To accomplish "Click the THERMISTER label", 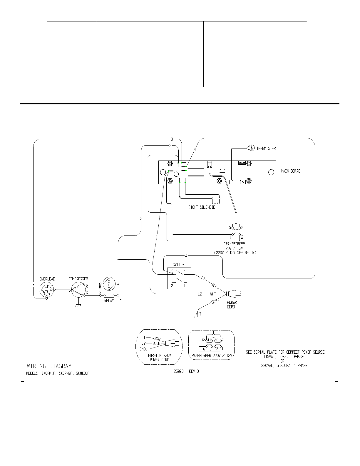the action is point(266,148).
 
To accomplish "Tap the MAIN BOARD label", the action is point(291,171).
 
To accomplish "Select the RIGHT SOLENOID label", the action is point(202,207).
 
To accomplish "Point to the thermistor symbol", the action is point(250,148).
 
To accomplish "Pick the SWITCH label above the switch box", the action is point(178,264).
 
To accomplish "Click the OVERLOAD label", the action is point(47,279).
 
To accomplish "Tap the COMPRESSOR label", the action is point(78,279).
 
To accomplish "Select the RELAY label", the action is point(109,301).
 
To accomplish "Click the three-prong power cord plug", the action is point(233,294).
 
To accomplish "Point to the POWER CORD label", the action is point(232,305).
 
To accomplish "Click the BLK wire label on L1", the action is point(215,285).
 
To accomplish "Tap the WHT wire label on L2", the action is point(214,294).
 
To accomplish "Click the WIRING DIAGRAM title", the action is point(49,366).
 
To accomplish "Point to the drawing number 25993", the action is point(178,371).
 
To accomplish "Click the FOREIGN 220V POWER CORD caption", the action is point(159,358).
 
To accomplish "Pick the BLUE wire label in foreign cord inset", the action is point(156,343).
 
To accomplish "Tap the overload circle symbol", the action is point(46,290).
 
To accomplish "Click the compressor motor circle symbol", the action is point(78,290).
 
